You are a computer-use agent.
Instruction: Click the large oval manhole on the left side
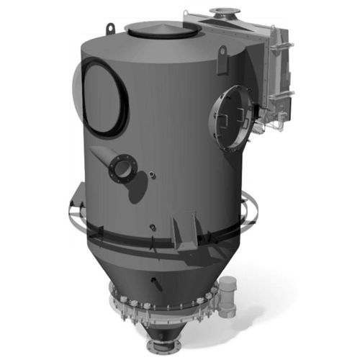pyautogui.click(x=105, y=95)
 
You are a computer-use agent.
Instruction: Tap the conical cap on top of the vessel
pyautogui.click(x=161, y=30)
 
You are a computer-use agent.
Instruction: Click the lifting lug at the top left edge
pyautogui.click(x=109, y=28)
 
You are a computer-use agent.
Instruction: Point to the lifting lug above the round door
pyautogui.click(x=222, y=53)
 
